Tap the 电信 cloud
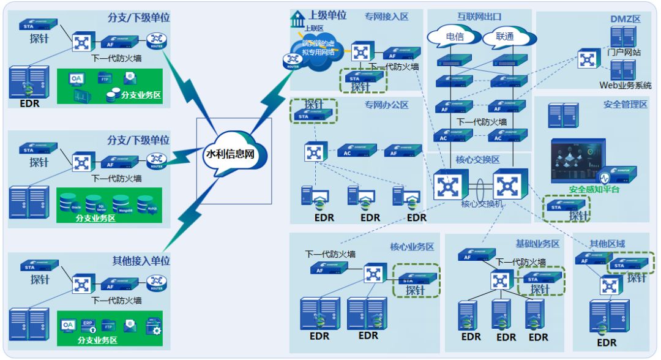pyautogui.click(x=454, y=37)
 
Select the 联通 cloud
pyautogui.click(x=505, y=37)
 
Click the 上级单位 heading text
pyautogui.click(x=327, y=15)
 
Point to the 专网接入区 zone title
pyautogui.click(x=386, y=17)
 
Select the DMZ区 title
pyautogui.click(x=625, y=19)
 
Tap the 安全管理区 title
pyautogui.click(x=625, y=105)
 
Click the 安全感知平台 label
pyautogui.click(x=594, y=190)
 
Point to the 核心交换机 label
pyautogui.click(x=482, y=204)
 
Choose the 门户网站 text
pyautogui.click(x=624, y=52)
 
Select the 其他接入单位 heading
pyautogui.click(x=141, y=261)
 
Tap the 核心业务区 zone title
pyautogui.click(x=412, y=247)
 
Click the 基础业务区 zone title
pyautogui.click(x=537, y=244)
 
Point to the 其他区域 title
pyautogui.click(x=607, y=244)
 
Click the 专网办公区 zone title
pyautogui.click(x=386, y=105)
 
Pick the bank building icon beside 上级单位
pyautogui.click(x=298, y=18)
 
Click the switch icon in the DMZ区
pyautogui.click(x=588, y=59)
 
